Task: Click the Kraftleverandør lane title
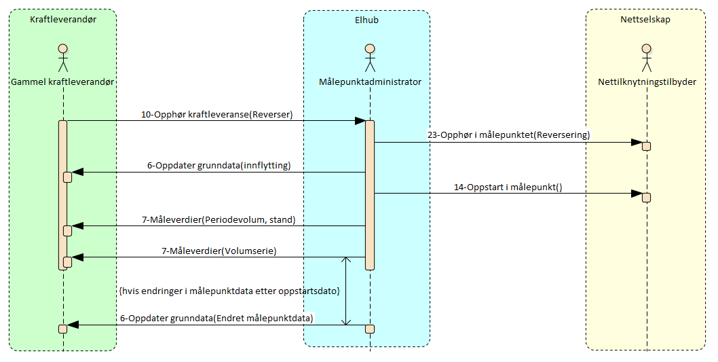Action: tap(63, 20)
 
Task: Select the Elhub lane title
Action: tap(366, 20)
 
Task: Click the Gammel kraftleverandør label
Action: tap(62, 82)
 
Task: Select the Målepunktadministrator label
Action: tap(370, 82)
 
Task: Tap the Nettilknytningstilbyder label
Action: tap(647, 82)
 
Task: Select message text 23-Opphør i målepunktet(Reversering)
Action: tap(508, 134)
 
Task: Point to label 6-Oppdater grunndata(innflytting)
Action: tap(219, 165)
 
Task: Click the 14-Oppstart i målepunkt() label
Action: tap(508, 186)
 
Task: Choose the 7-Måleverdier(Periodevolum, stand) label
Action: tap(219, 219)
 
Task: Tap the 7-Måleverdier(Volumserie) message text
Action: tap(219, 251)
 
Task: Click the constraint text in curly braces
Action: tap(229, 291)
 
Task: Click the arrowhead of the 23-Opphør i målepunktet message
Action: tap(637, 143)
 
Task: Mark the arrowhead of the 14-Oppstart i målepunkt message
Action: tap(637, 194)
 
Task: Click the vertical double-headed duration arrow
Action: tap(347, 291)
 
